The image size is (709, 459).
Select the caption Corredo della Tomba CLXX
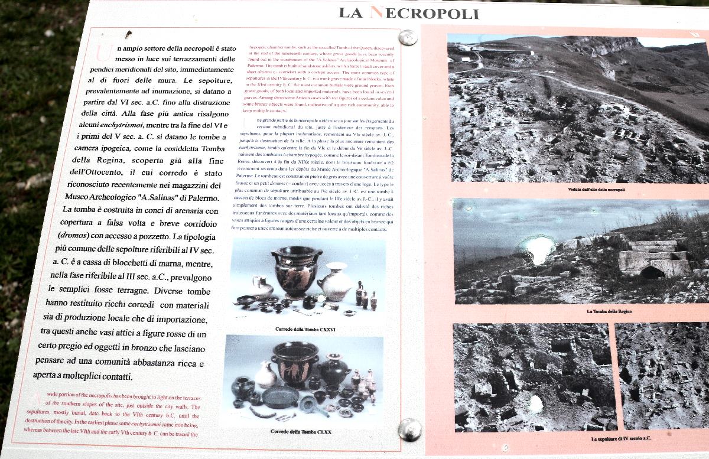301,432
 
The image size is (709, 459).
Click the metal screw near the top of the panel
407,38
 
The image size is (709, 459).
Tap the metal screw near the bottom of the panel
409,429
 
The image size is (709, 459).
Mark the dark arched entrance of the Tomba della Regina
652,272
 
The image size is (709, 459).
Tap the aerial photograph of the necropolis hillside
576,109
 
